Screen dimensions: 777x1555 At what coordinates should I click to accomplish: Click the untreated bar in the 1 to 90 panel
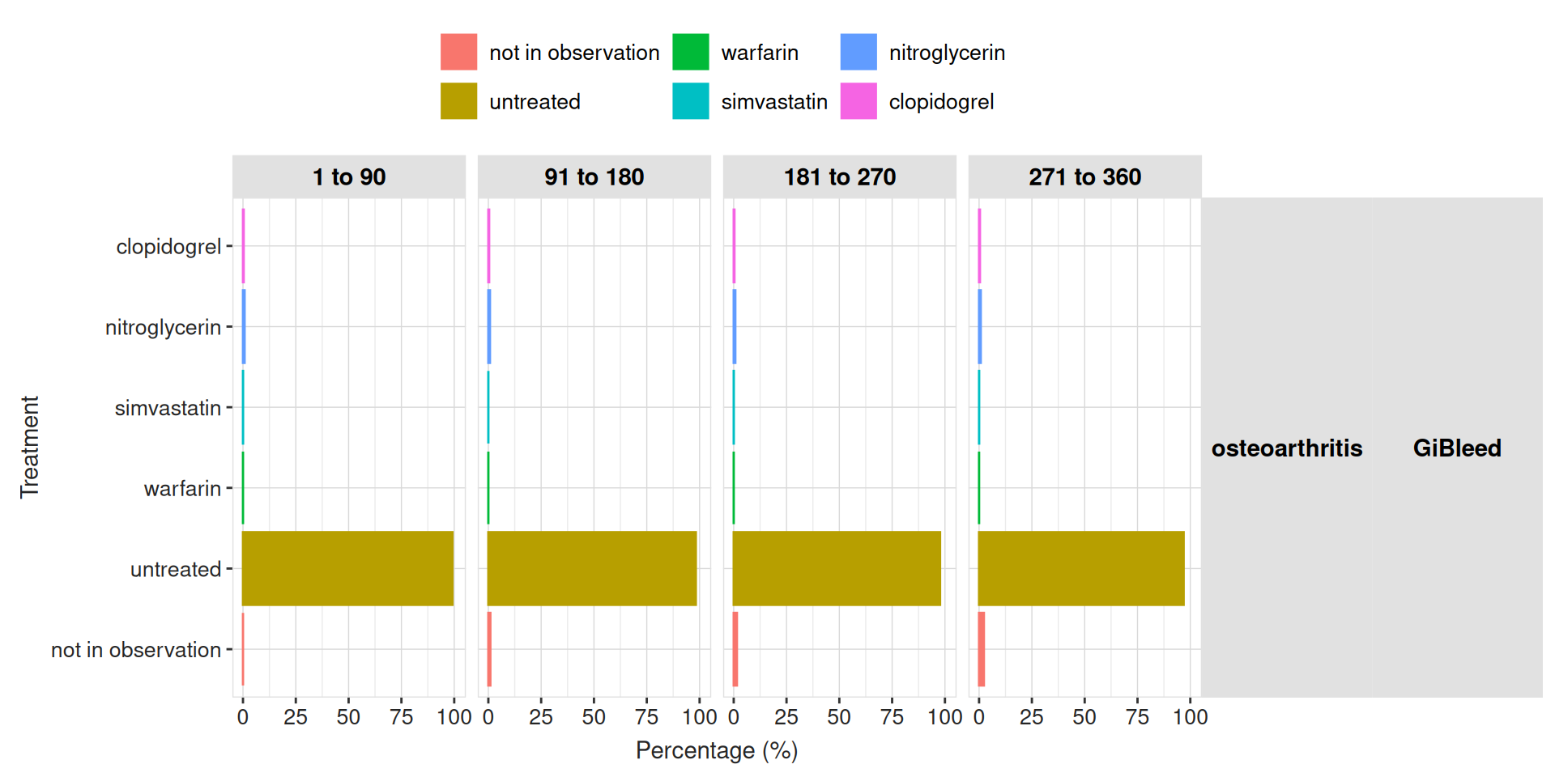point(347,568)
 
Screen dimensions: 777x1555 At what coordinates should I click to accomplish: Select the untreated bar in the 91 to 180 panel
point(592,568)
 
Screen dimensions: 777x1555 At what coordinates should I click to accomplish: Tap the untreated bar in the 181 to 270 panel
point(837,568)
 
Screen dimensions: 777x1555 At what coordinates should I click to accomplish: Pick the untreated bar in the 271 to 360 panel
point(1081,568)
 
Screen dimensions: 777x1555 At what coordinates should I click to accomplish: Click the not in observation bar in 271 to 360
point(982,649)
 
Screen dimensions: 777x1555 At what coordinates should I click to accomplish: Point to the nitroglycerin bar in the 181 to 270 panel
point(735,326)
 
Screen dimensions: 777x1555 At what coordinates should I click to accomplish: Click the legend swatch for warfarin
point(690,52)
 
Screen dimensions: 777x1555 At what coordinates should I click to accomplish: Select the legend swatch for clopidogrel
point(858,101)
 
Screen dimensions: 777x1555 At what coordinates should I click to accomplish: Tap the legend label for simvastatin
point(774,102)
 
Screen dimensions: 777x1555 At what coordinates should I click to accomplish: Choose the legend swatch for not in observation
point(458,52)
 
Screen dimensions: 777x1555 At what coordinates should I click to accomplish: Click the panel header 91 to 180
point(594,176)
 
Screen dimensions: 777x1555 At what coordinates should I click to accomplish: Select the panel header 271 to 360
point(1084,176)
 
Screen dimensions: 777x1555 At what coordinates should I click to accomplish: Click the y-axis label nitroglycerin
point(163,327)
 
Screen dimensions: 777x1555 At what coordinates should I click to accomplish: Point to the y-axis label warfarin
point(182,489)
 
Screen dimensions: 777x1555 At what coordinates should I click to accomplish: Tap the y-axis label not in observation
point(135,650)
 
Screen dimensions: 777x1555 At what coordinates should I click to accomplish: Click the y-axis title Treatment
point(29,447)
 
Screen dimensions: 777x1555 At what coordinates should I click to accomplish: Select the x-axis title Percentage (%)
point(717,750)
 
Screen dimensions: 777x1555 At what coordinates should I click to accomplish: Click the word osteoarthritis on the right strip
point(1286,448)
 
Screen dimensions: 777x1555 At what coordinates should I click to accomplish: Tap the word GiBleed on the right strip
point(1457,448)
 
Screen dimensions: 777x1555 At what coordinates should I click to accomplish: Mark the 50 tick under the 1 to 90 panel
point(348,717)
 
